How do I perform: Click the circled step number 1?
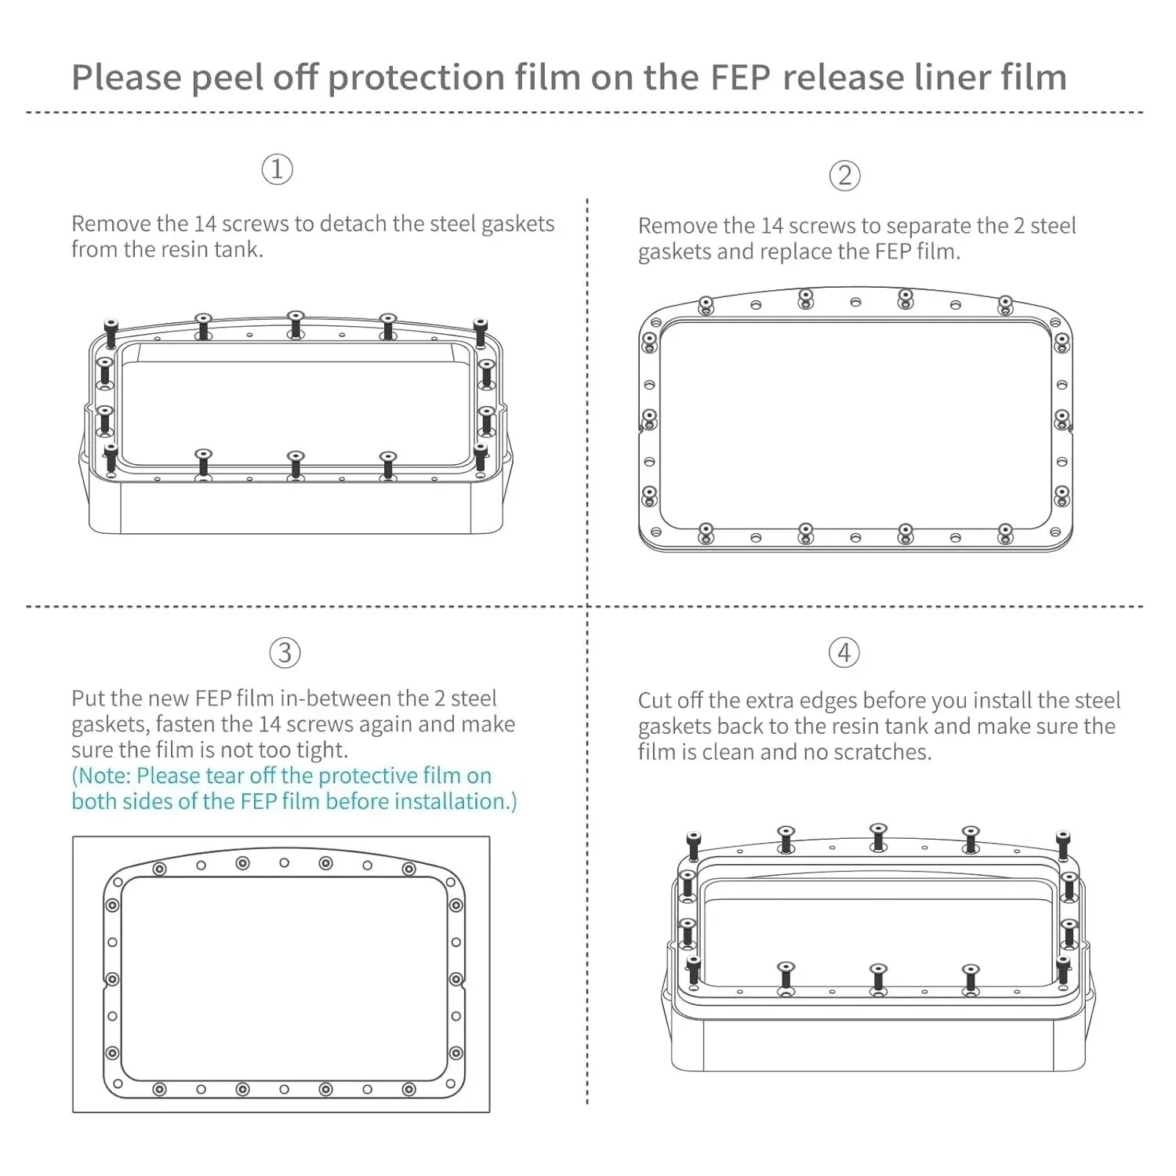[x=277, y=169]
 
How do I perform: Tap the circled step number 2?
[x=844, y=176]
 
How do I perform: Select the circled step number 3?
[x=285, y=653]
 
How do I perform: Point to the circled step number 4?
[x=844, y=652]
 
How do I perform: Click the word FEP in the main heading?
[x=740, y=78]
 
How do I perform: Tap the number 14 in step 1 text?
[x=205, y=224]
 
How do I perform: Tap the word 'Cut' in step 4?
[x=655, y=700]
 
